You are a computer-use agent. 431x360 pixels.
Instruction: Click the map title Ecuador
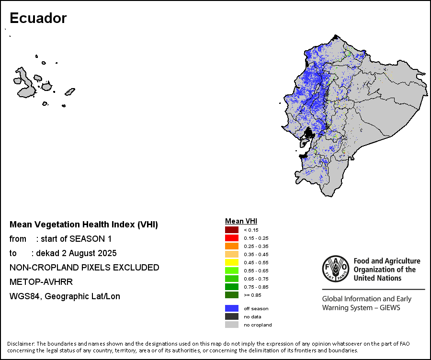pyautogui.click(x=38, y=18)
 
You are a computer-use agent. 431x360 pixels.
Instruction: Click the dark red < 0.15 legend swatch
pyautogui.click(x=231, y=230)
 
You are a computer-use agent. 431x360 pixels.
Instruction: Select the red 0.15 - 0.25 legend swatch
pyautogui.click(x=231, y=238)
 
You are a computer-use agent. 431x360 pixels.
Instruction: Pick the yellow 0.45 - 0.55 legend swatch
pyautogui.click(x=231, y=262)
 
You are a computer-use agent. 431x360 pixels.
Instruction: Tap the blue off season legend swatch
pyautogui.click(x=231, y=308)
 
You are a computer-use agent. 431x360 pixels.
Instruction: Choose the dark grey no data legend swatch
pyautogui.click(x=231, y=316)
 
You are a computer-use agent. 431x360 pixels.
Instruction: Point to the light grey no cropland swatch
pyautogui.click(x=231, y=325)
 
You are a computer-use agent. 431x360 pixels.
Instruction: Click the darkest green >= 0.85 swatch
pyautogui.click(x=231, y=295)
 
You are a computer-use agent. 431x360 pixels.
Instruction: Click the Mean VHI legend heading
pyautogui.click(x=241, y=221)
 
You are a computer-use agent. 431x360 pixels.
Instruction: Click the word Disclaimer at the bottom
pyautogui.click(x=20, y=344)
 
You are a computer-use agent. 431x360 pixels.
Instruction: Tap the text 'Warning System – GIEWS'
pyautogui.click(x=361, y=307)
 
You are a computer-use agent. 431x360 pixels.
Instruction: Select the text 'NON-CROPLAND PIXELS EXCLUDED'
pyautogui.click(x=84, y=268)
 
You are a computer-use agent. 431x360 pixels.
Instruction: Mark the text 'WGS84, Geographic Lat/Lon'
pyautogui.click(x=65, y=296)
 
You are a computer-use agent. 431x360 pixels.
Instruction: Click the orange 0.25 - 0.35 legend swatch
pyautogui.click(x=231, y=246)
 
